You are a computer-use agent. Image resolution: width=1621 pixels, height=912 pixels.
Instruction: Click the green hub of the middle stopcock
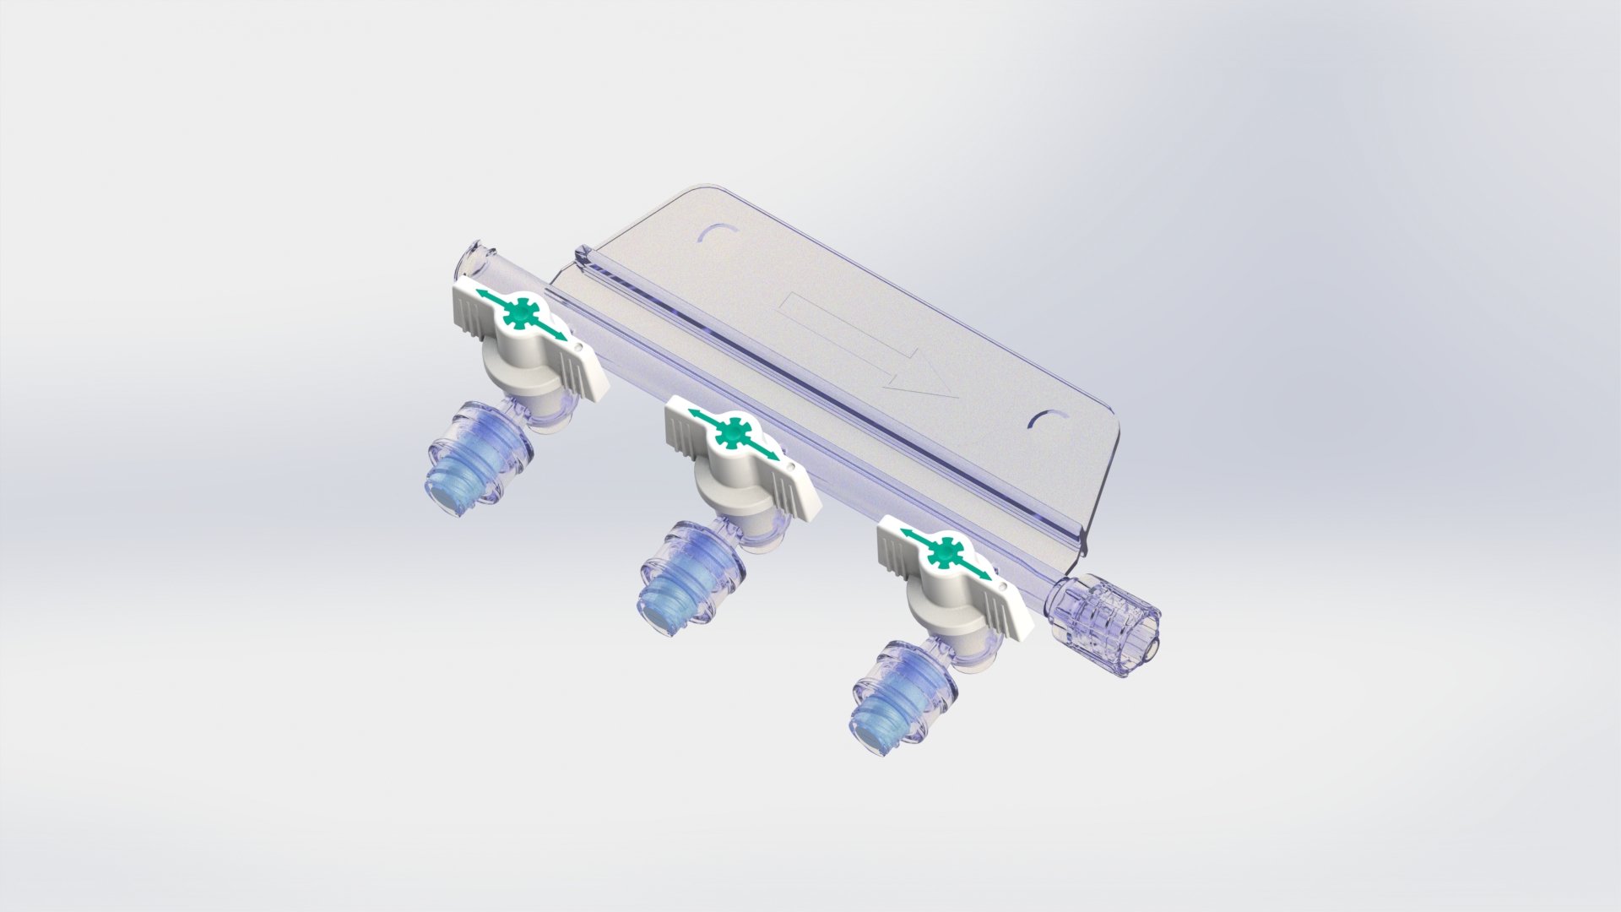pos(732,433)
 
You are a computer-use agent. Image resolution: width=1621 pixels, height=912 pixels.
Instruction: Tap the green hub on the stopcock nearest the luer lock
pos(944,553)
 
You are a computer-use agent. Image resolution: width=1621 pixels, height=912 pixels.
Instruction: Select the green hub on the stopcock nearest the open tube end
pos(520,315)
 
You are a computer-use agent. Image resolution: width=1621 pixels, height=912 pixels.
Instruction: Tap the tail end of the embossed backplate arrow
pos(789,308)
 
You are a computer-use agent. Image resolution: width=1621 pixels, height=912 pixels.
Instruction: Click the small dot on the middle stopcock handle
pos(790,464)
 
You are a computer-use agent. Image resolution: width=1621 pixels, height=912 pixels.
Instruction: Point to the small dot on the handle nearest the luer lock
pos(1002,584)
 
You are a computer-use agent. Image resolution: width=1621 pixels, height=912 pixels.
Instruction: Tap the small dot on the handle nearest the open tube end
pos(578,346)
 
